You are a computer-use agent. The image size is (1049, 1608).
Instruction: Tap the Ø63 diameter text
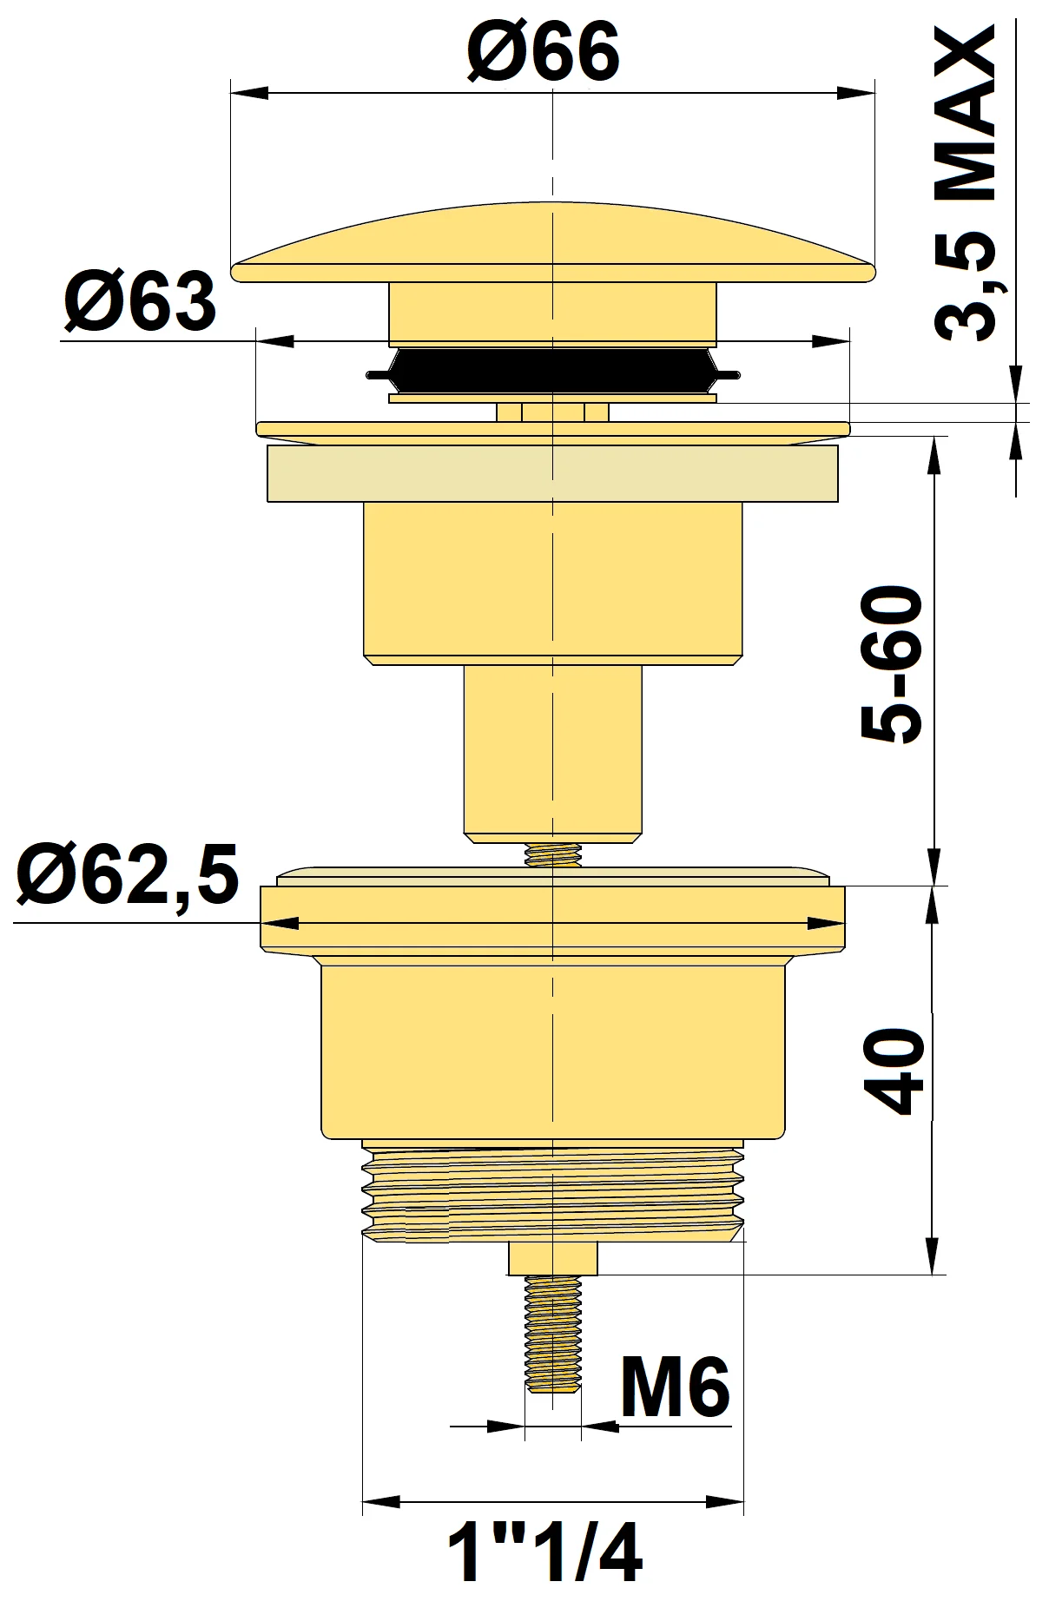(x=140, y=301)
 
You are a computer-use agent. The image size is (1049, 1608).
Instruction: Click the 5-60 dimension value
(x=892, y=664)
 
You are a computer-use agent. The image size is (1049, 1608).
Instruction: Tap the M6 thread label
(x=675, y=1389)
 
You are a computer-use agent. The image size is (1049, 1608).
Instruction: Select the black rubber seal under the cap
(x=552, y=371)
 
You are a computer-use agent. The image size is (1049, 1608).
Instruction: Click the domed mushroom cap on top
(x=552, y=247)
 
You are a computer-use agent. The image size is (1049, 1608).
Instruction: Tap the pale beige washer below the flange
(x=552, y=474)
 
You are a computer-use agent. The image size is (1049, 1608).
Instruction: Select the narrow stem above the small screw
(x=552, y=752)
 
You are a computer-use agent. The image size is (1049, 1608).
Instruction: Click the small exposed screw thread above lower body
(x=552, y=856)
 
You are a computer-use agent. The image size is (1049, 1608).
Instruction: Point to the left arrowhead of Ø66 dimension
(x=247, y=92)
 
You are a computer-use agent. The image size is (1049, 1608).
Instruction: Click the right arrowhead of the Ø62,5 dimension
(x=826, y=924)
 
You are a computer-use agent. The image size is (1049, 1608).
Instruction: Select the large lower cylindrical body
(x=552, y=1051)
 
